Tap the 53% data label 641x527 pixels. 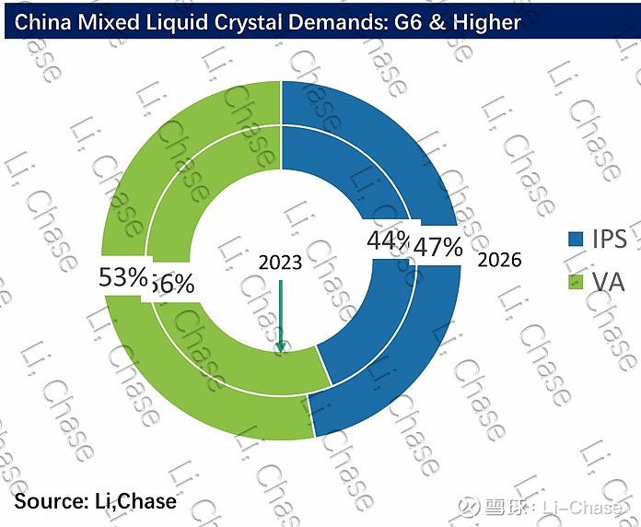coord(121,275)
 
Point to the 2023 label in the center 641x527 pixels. coord(280,262)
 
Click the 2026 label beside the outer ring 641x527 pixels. coord(500,260)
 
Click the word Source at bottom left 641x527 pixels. coord(47,501)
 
